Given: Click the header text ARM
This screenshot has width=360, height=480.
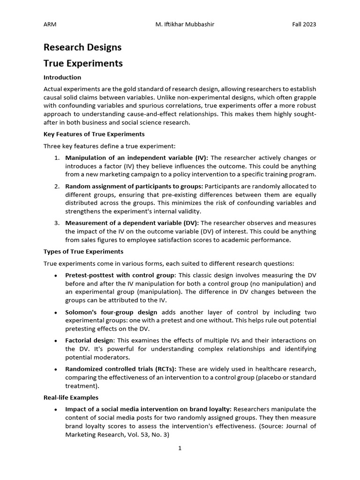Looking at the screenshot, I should coord(50,24).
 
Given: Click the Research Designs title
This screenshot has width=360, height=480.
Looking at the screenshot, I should coord(82,47).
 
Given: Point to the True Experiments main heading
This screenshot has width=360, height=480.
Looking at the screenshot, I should coord(83,63).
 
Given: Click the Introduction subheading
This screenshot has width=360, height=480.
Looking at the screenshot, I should coord(62,77).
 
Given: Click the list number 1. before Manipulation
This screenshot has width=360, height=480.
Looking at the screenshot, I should coord(57,158).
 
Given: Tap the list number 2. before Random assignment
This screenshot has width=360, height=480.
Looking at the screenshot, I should coord(57,186).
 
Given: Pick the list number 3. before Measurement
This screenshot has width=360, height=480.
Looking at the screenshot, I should coord(57,223).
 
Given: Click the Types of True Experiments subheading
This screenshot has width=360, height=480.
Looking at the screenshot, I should coord(83,251).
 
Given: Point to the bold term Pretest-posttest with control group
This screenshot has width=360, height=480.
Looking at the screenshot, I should coord(120,275).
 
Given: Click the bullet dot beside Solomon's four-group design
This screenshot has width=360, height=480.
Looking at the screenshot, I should coord(56,312).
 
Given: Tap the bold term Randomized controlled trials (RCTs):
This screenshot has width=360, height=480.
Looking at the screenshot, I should coord(120,369).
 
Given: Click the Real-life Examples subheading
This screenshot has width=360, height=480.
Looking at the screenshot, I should coord(71,397).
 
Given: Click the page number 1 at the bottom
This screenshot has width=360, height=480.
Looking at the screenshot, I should coord(180,448).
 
